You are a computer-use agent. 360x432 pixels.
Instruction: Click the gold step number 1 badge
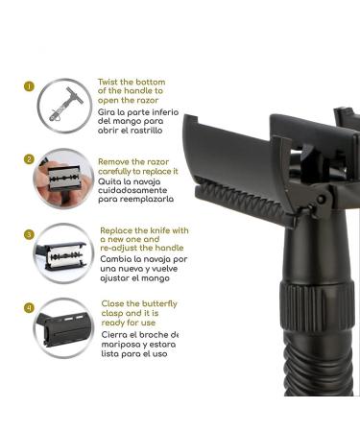point(30,85)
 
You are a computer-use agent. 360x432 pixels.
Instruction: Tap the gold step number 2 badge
point(30,159)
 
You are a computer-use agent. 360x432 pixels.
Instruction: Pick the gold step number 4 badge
point(30,308)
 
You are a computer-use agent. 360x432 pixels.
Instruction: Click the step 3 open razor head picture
point(63,252)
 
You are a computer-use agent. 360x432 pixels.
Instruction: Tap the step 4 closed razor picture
point(63,326)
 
